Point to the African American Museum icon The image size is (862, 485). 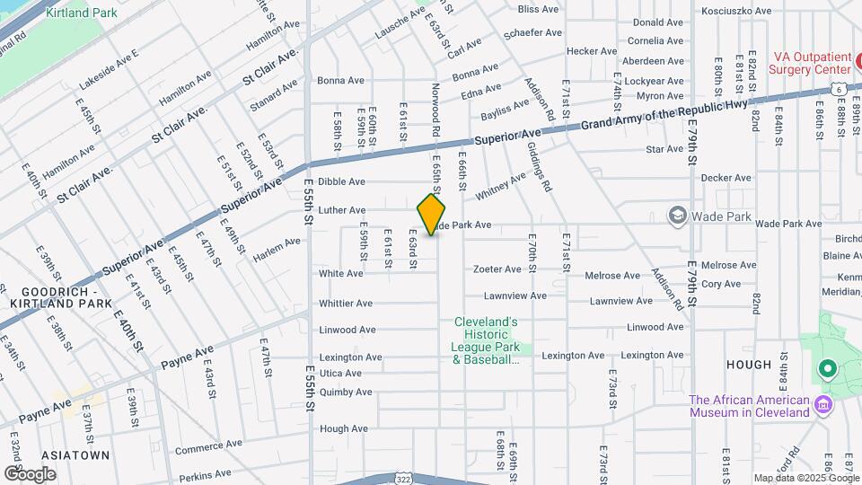pos(822,406)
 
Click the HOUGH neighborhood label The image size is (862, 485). pos(749,365)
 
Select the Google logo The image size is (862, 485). pos(30,473)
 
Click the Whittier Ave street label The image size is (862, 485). pos(346,304)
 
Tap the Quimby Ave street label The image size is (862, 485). pos(346,392)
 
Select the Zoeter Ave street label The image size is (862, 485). pos(497,269)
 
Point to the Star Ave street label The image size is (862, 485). pos(664,148)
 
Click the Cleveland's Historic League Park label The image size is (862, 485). pos(486,341)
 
